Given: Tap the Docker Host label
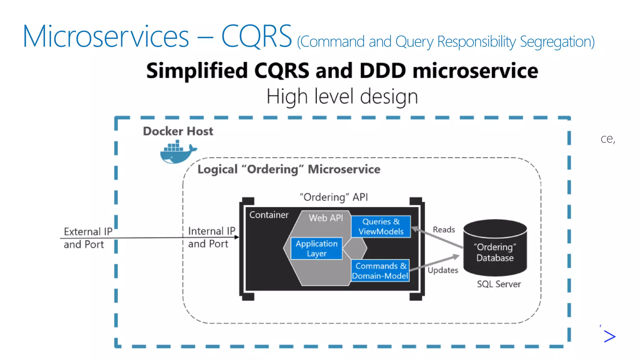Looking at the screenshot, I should [178, 131].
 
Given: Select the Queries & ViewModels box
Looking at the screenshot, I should [381, 227].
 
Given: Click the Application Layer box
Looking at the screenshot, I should [316, 248].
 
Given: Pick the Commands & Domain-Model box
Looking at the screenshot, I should [380, 271].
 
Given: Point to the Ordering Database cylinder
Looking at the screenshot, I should [495, 248].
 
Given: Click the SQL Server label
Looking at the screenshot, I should [499, 284].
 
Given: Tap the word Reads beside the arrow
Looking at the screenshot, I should [444, 230].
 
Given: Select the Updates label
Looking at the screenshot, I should [443, 270].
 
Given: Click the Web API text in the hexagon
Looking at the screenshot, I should [326, 218].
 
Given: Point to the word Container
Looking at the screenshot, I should [269, 215].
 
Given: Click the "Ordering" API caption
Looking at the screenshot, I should [334, 197].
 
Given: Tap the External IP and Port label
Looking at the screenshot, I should [87, 238].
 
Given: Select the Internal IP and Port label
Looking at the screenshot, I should [211, 237].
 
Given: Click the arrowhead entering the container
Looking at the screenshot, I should [237, 237].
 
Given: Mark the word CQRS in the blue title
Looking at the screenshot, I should [256, 37].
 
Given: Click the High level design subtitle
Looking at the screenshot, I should [342, 96].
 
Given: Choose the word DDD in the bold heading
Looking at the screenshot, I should [383, 71].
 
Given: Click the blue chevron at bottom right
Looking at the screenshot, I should [609, 336].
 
